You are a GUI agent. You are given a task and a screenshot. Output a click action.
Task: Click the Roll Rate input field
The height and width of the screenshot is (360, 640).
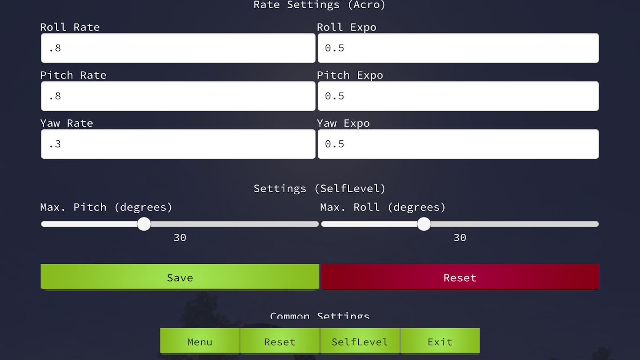point(178,48)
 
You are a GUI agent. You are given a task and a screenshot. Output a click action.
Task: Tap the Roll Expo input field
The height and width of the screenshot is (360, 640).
point(458,48)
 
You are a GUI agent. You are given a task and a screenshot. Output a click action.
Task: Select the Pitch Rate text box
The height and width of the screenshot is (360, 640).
point(178,96)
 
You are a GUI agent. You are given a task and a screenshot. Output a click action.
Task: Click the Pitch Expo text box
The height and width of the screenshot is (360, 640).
point(458,96)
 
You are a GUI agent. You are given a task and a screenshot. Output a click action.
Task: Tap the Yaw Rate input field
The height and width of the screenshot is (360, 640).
point(178,144)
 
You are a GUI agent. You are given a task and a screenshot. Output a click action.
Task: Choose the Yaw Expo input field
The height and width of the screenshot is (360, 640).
point(458,144)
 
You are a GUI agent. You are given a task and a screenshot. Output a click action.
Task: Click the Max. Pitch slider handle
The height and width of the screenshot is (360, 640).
point(144,224)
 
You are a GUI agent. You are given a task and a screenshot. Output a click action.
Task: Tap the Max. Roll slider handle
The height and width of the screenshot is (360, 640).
point(424,224)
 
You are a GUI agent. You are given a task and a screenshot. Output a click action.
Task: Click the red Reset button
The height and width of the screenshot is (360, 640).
point(460,277)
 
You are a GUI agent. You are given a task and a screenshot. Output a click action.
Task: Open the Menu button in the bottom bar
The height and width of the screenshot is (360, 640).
point(200,341)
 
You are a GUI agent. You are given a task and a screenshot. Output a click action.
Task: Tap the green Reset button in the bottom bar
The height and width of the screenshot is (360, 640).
point(279,341)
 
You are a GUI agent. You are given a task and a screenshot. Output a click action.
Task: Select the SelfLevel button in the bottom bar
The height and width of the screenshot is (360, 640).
point(360,341)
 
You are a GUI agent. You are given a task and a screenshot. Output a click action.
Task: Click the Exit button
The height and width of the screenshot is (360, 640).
point(440,341)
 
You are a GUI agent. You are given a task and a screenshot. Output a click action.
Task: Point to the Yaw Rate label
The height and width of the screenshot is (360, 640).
point(67,123)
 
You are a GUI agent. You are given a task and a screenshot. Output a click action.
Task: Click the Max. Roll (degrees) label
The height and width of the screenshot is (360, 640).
point(383,207)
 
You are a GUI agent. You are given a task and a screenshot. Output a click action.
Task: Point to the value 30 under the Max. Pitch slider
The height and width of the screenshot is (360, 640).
point(180,238)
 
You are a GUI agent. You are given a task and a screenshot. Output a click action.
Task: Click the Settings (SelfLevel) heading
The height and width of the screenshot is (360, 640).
point(320,189)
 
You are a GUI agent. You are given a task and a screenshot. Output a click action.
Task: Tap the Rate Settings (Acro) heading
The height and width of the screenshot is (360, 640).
point(320,5)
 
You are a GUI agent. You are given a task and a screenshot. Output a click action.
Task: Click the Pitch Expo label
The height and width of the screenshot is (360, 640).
point(350,76)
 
